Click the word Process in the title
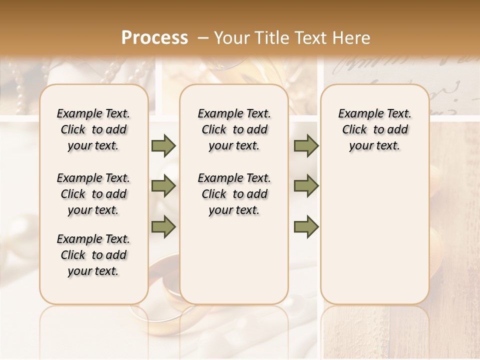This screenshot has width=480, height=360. point(154,38)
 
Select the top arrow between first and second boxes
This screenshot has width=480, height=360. point(163,145)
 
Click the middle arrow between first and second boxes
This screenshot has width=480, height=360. point(163,186)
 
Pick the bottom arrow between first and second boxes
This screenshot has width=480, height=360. point(163,227)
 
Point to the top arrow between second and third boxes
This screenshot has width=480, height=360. point(306,145)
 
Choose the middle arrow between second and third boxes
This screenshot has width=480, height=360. point(306,186)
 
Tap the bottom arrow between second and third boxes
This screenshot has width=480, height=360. point(306,227)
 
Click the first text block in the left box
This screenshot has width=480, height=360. point(93,129)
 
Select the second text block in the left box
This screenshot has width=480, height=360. point(93,194)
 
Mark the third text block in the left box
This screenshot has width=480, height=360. point(93,255)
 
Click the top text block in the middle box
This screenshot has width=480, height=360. point(234,129)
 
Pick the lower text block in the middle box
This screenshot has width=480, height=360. point(234,194)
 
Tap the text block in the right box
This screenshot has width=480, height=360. point(375,129)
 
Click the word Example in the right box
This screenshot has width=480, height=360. point(357,114)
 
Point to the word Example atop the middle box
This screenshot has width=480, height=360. point(216,114)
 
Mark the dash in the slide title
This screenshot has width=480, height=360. point(203,38)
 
